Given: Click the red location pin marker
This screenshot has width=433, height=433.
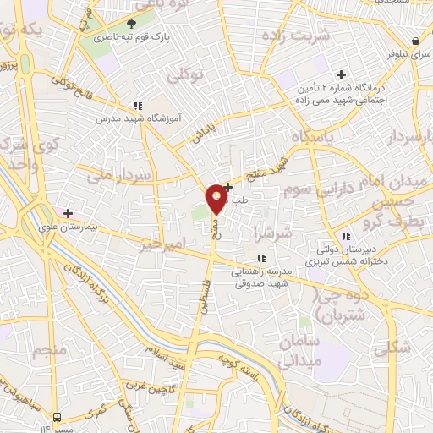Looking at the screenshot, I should point(216,199).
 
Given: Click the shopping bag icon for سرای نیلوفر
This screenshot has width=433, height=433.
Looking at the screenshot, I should point(416,41).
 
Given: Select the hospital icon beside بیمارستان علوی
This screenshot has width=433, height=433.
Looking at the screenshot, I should point(69,213).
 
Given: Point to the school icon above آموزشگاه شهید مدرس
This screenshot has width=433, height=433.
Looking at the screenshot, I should point(137,106).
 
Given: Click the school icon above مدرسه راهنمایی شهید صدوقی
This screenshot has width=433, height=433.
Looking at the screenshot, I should point(260,258).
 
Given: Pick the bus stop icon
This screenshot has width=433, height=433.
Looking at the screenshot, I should point(57,418).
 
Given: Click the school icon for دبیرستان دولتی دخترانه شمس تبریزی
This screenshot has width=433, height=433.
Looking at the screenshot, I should point(345,236).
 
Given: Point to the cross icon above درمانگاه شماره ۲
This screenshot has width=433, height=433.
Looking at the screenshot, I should point(342,75).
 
